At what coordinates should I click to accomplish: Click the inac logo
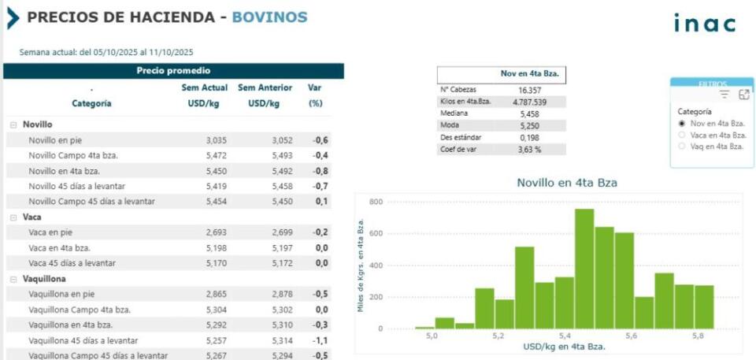(x=704, y=24)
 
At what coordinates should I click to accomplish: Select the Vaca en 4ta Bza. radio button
(x=682, y=135)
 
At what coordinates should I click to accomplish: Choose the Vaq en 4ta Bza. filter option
(x=682, y=146)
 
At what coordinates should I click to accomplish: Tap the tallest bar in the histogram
(x=584, y=268)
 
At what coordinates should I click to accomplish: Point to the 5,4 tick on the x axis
(x=565, y=336)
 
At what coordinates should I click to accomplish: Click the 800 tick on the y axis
(x=376, y=202)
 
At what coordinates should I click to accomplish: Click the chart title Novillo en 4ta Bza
(x=566, y=183)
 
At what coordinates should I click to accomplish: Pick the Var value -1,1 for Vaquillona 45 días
(x=320, y=340)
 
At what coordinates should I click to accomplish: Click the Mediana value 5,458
(x=529, y=114)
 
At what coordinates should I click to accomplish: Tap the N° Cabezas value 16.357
(x=529, y=91)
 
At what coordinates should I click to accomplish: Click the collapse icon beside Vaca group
(x=13, y=217)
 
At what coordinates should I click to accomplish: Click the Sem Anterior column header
(x=265, y=87)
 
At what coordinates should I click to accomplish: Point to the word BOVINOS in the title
(x=269, y=17)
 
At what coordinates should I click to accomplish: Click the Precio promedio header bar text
(x=173, y=71)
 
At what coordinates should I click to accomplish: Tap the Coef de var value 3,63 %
(x=529, y=149)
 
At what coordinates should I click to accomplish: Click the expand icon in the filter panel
(x=743, y=95)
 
